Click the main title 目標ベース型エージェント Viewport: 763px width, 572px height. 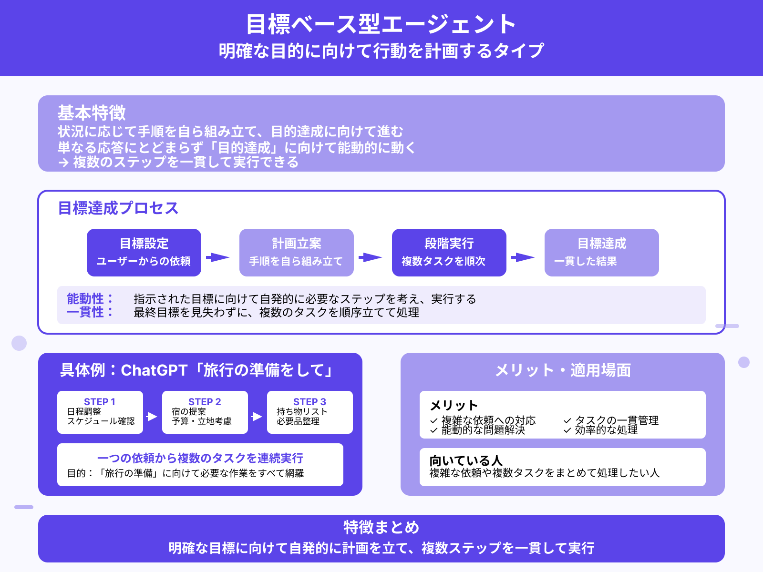click(x=381, y=24)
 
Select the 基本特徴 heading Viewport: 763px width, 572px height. click(x=92, y=113)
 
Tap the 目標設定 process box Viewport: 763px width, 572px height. click(x=144, y=252)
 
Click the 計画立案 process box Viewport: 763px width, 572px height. click(x=296, y=252)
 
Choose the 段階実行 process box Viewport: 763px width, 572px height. click(x=449, y=252)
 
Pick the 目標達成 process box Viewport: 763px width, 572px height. click(x=601, y=252)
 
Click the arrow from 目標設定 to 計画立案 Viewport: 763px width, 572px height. click(x=218, y=257)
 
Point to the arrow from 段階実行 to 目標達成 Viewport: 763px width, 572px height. click(x=523, y=257)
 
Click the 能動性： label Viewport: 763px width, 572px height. click(x=90, y=299)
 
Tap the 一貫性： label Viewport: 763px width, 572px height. click(x=90, y=312)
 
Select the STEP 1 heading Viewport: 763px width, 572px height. click(x=100, y=402)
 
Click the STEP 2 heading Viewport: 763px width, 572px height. click(x=205, y=402)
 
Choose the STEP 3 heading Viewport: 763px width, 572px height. click(x=309, y=402)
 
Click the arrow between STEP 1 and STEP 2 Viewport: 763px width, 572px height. click(x=152, y=417)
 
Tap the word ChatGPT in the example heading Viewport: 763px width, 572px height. click(x=154, y=370)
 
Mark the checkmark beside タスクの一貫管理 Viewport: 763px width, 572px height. click(x=567, y=421)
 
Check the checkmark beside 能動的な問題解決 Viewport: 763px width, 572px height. click(x=434, y=430)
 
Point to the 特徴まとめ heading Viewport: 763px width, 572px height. click(x=381, y=527)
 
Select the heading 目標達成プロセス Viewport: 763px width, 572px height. click(x=118, y=208)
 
